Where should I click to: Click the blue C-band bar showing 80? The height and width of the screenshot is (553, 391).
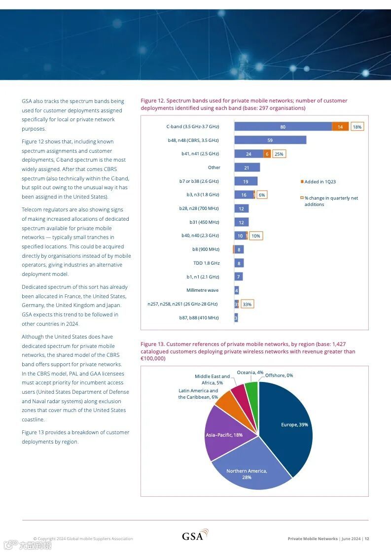point(283,127)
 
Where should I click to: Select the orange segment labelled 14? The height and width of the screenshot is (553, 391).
point(340,127)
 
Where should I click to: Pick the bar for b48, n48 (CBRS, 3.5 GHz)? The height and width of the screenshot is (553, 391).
point(270,140)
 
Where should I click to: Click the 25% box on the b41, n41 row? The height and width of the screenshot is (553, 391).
point(279,154)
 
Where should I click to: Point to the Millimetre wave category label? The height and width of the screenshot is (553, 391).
point(202,290)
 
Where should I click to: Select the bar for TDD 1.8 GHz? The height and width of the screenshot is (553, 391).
point(239,263)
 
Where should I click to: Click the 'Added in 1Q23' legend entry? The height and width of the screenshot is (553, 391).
point(320,182)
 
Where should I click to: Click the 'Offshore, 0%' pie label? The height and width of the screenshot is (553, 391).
point(279,375)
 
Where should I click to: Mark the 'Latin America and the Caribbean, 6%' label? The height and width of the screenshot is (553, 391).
point(198,394)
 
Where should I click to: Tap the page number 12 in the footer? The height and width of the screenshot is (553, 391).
point(367,539)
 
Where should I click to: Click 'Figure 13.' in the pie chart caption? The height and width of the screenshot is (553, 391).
point(152,344)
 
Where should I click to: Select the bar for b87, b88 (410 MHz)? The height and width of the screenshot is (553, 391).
point(236,318)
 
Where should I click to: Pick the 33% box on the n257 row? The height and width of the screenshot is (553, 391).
point(247,304)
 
